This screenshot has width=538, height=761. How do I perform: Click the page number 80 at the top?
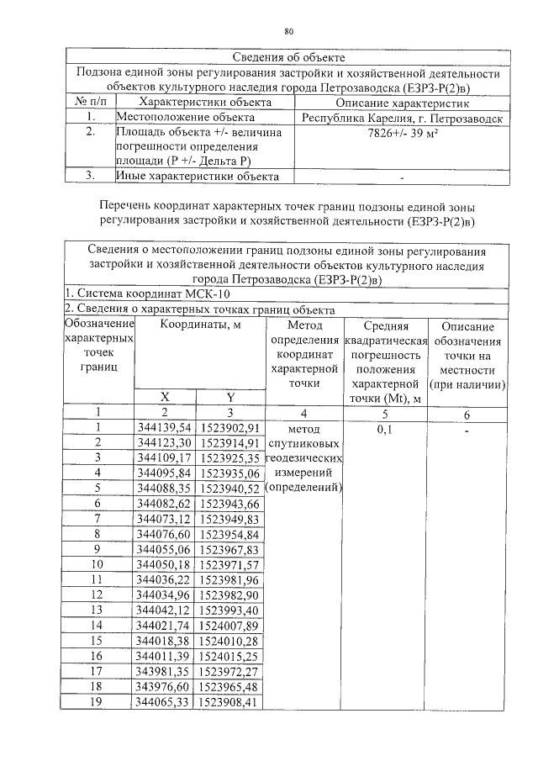[288, 31]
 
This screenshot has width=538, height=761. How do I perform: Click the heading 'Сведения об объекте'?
[288, 57]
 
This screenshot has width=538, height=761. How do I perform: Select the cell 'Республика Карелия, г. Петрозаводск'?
[403, 119]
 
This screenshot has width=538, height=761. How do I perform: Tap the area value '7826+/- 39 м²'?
[403, 134]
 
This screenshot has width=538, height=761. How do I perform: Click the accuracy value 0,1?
[386, 428]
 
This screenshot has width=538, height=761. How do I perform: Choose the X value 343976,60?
[163, 686]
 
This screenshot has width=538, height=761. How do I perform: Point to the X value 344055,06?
[163, 548]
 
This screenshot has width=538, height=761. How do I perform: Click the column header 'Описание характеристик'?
[403, 103]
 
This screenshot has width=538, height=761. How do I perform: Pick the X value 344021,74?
[163, 625]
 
